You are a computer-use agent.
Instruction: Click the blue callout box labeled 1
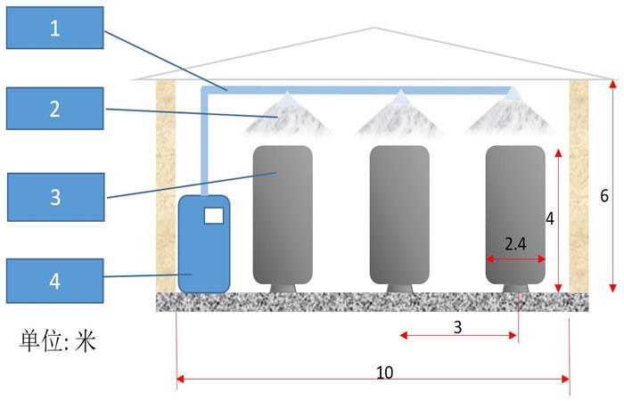point(55,28)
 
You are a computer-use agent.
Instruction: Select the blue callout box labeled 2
point(55,110)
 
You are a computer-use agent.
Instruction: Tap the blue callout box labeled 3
point(55,195)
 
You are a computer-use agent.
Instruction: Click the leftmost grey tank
point(283,214)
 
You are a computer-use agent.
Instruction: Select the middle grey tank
point(399,214)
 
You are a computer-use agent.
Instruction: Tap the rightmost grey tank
point(514,214)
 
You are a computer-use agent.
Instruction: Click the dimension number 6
point(604,197)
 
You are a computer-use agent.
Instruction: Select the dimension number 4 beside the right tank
point(550,217)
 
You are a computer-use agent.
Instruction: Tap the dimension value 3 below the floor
point(457,327)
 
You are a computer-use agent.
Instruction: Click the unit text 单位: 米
point(57,340)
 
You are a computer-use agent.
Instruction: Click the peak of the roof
point(374,29)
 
